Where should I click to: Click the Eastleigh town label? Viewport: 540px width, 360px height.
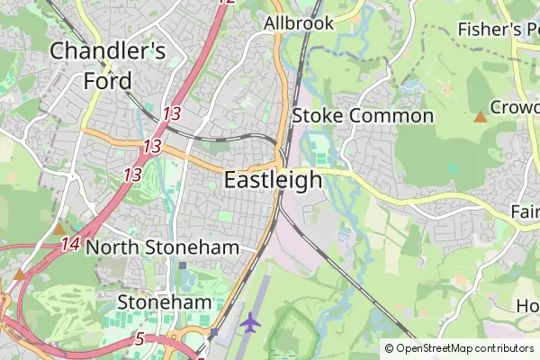(x=272, y=180)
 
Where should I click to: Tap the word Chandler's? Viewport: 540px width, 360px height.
(x=108, y=51)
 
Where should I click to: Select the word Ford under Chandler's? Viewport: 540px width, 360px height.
(x=107, y=81)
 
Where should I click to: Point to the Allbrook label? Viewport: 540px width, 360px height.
(x=299, y=22)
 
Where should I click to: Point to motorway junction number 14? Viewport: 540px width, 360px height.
(x=71, y=243)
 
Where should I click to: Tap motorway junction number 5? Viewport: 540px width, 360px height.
(x=139, y=338)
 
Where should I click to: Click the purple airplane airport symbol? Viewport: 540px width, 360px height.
(x=250, y=321)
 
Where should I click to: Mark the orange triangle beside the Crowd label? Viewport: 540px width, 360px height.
(x=481, y=116)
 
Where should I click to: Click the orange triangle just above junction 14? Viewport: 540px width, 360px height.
(x=59, y=229)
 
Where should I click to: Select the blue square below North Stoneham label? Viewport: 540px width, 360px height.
(x=183, y=265)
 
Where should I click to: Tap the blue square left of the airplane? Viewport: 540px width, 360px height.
(x=214, y=333)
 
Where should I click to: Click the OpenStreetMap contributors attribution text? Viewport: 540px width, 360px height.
(x=464, y=348)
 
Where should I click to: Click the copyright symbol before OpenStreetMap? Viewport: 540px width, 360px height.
(x=389, y=348)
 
